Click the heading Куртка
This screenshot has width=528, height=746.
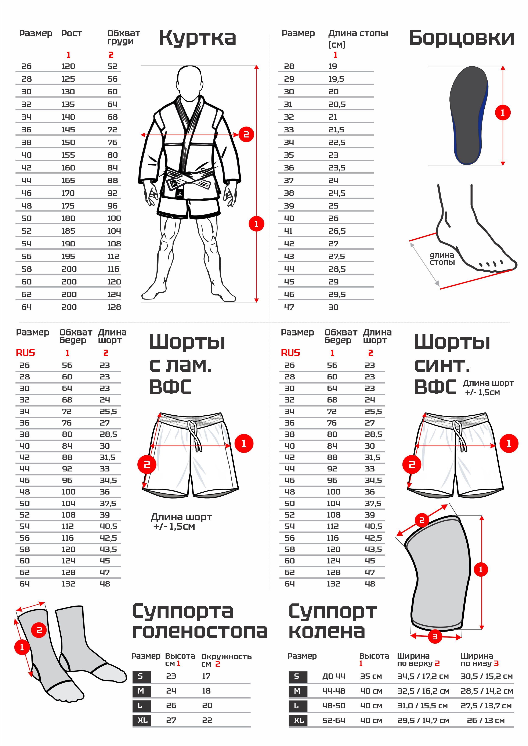pos(197,38)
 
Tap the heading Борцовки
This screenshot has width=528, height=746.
pos(461,38)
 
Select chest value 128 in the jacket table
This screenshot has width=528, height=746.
pos(114,307)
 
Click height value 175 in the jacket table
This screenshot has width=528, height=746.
pos(68,206)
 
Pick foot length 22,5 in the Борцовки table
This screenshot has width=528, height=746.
pos(337,142)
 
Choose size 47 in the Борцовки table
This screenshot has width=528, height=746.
pos(289,307)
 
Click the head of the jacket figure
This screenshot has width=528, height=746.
pos(189,83)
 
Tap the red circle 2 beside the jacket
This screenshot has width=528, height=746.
pos(246,134)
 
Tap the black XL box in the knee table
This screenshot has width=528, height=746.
pos(298,721)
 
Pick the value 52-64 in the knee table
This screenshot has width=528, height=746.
pos(334,721)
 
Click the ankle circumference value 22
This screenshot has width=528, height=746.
pos(207,720)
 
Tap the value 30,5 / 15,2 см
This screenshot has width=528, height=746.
pos(487,676)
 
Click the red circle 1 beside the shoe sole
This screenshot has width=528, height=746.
pos(503,113)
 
